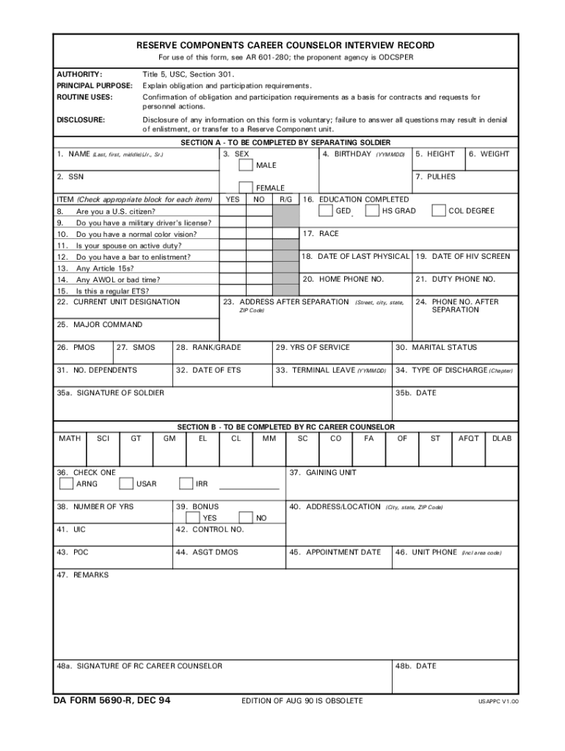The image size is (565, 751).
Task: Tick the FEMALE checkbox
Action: [x=247, y=188]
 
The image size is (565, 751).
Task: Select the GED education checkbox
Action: [x=325, y=211]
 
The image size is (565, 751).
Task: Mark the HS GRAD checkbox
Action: [x=372, y=211]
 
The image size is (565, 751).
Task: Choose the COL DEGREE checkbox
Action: [x=439, y=211]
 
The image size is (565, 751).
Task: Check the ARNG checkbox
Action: [x=66, y=484]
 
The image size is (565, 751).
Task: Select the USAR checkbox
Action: [x=126, y=484]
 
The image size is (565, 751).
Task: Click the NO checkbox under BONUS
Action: [x=247, y=518]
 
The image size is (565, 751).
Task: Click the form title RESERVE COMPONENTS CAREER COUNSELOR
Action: [x=285, y=45]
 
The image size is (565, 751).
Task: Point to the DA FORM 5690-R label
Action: [x=112, y=701]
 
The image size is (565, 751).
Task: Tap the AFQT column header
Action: [x=468, y=439]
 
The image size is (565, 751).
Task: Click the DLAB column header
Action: [x=502, y=439]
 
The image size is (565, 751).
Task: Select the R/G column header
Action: [x=285, y=199]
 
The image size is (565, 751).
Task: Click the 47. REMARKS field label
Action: [x=82, y=575]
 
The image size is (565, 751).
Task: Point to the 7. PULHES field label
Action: [x=435, y=177]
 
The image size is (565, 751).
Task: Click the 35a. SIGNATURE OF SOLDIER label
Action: [x=111, y=393]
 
